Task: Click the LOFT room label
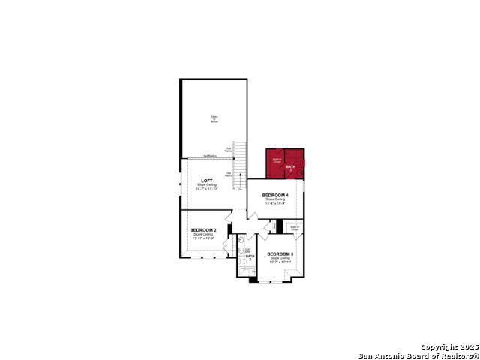pos(206,181)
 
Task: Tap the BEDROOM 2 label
pos(203,229)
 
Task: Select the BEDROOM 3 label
pos(280,253)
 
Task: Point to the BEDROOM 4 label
pos(275,195)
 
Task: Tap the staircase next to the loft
pos(239,165)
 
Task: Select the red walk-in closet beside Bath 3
pos(276,160)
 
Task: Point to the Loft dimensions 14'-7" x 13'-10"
pos(206,188)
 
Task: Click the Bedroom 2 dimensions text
pos(203,238)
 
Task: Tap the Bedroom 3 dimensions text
pos(280,262)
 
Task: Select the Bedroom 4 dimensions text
pos(275,203)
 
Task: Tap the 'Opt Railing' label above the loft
pos(209,156)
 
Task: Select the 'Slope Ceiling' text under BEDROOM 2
pos(203,234)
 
